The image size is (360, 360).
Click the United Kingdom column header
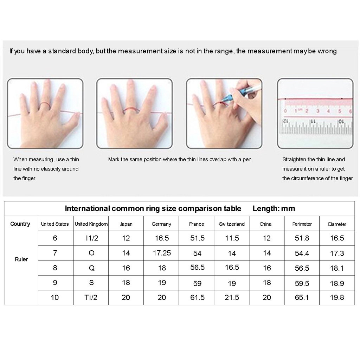pos(91,224)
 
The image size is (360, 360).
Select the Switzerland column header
pos(231,224)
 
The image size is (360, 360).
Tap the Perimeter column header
pos(302,224)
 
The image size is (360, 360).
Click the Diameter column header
pos(337,224)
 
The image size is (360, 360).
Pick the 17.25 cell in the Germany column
pos(162,253)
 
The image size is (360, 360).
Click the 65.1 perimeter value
pos(302,297)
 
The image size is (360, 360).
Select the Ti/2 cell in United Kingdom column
pos(91,297)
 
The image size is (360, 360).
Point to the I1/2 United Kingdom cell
pos(91,238)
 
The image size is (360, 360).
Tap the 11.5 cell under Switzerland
pos(232,238)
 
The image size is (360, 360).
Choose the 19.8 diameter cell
pos(337,297)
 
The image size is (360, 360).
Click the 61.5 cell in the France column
pos(197,297)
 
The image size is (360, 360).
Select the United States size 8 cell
pos(55,268)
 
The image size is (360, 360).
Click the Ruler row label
pos(21,259)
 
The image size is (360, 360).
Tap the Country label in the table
pos(20,224)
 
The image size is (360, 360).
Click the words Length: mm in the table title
pos(274,208)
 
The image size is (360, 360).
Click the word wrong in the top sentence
pos(327,51)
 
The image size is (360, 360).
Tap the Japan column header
pos(126,224)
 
